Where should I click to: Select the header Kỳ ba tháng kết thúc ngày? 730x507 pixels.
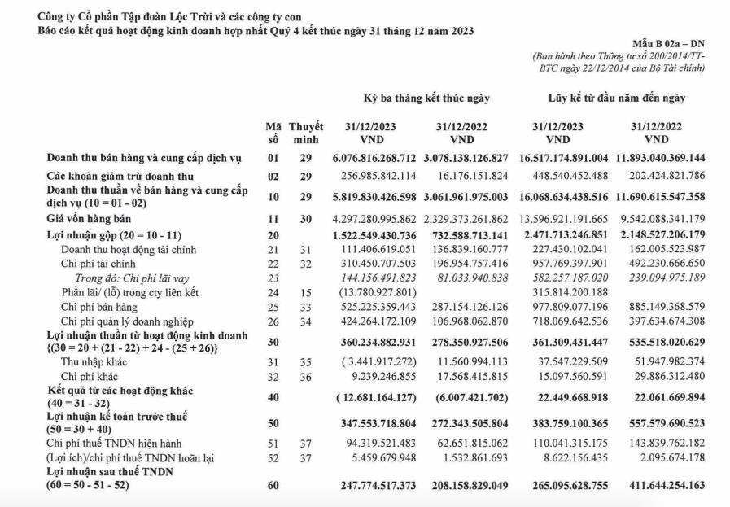click(x=426, y=98)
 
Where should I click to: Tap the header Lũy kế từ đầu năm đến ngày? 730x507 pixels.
click(x=616, y=98)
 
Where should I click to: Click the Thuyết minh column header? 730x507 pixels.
click(x=306, y=133)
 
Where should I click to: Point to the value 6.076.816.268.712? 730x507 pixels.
click(x=375, y=158)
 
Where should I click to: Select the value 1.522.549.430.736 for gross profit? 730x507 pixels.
click(x=375, y=234)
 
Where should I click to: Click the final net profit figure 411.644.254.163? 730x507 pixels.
click(x=667, y=486)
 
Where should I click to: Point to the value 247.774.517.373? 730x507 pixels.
click(x=375, y=486)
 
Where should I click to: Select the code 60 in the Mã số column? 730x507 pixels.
click(x=273, y=486)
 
